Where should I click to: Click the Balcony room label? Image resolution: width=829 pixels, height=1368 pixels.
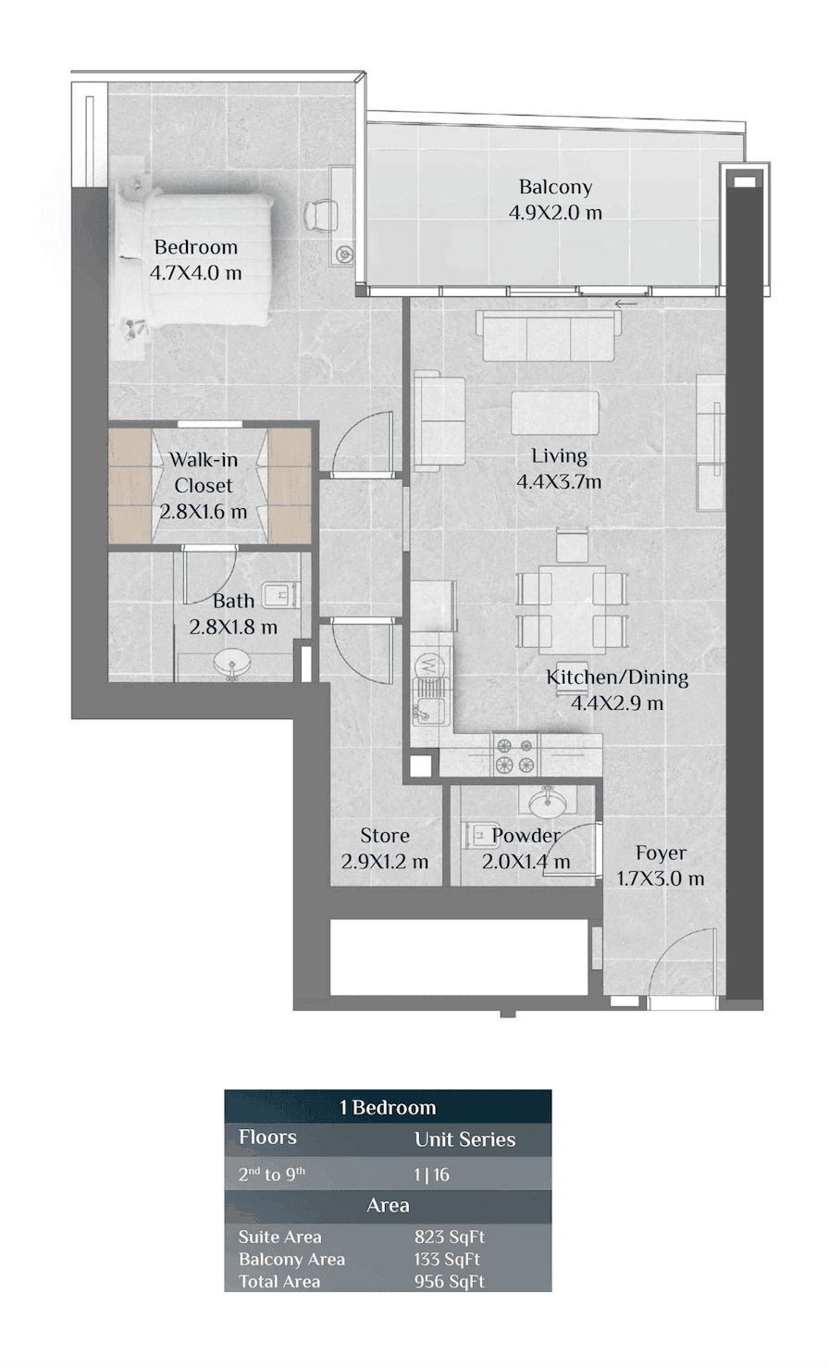pyautogui.click(x=555, y=187)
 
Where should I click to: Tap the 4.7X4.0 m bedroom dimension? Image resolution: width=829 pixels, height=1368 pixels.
pyautogui.click(x=195, y=272)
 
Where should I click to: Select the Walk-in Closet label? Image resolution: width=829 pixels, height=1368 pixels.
pyautogui.click(x=204, y=472)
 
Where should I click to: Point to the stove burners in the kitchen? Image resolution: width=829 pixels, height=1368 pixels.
pyautogui.click(x=515, y=755)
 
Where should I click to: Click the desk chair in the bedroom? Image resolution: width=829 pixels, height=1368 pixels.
pyautogui.click(x=320, y=215)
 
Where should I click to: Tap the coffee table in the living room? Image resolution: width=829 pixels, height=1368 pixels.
pyautogui.click(x=554, y=413)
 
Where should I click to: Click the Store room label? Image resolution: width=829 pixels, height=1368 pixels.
pyautogui.click(x=385, y=835)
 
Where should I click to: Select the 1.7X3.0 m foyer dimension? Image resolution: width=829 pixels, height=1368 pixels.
pyautogui.click(x=661, y=878)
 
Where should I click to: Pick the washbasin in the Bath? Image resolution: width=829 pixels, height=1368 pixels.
pyautogui.click(x=231, y=664)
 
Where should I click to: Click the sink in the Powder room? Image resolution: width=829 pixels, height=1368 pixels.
pyautogui.click(x=547, y=803)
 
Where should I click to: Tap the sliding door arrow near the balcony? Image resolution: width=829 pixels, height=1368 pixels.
pyautogui.click(x=625, y=304)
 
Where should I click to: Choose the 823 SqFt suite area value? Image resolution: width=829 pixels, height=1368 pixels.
pyautogui.click(x=450, y=1237)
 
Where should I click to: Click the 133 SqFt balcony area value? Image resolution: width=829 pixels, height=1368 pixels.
pyautogui.click(x=447, y=1259)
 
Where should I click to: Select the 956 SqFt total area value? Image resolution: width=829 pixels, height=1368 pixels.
pyautogui.click(x=450, y=1281)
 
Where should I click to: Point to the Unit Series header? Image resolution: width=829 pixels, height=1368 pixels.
pyautogui.click(x=465, y=1139)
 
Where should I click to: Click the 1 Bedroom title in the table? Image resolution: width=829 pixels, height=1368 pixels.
pyautogui.click(x=388, y=1107)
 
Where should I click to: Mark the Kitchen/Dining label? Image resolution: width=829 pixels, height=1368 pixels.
pyautogui.click(x=617, y=678)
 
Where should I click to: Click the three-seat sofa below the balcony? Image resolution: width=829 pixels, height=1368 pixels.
pyautogui.click(x=548, y=336)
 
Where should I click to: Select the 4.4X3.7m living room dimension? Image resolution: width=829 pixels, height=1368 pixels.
pyautogui.click(x=559, y=482)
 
